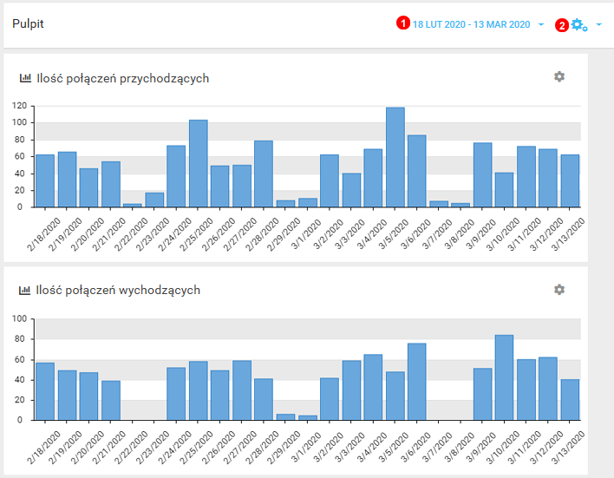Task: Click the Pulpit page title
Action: point(28,23)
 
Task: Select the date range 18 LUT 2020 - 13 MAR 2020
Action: point(471,24)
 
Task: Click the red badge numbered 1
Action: point(402,24)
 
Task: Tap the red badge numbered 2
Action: point(562,25)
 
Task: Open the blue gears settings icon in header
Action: point(578,24)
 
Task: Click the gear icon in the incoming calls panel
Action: point(559,76)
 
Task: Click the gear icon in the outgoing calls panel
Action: point(559,289)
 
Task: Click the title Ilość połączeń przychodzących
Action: point(122,78)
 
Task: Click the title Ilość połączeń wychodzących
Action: point(118,290)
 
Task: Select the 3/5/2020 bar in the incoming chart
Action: point(395,157)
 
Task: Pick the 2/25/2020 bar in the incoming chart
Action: point(199,163)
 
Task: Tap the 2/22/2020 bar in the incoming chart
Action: point(133,205)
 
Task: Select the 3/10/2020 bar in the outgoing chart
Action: point(505,377)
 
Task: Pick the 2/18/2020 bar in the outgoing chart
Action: point(45,391)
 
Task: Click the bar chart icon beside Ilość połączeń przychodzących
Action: point(25,78)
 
